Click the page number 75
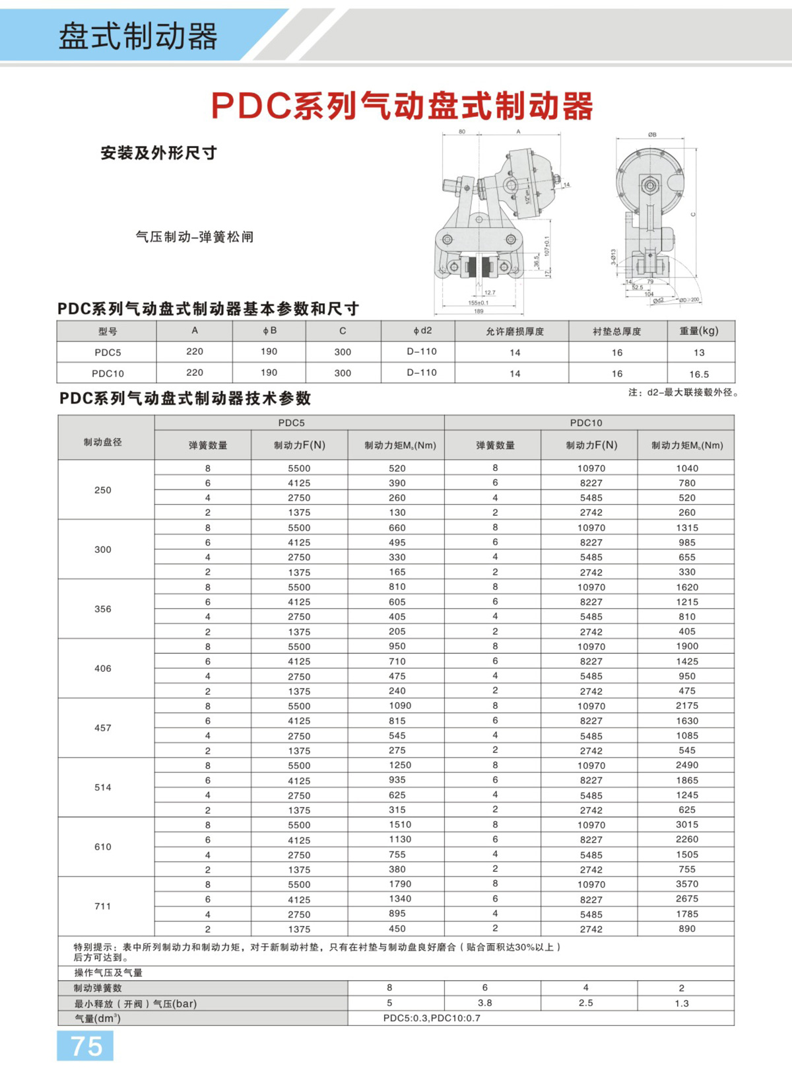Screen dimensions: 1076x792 [x=86, y=1046]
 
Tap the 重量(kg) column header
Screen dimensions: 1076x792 [x=699, y=331]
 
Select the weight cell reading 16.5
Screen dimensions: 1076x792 [x=699, y=374]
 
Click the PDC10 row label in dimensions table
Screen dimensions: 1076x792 [x=108, y=373]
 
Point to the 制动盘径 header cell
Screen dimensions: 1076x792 [x=103, y=442]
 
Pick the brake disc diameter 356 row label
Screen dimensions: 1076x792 [x=103, y=609]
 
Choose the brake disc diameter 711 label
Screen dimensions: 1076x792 [x=103, y=906]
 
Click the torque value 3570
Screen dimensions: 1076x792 [x=686, y=884]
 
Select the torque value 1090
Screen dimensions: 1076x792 [x=399, y=705]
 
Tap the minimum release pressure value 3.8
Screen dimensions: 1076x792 [x=484, y=1003]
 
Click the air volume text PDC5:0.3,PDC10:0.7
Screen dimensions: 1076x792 [x=432, y=1018]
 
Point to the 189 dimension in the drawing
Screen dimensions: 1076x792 [x=478, y=311]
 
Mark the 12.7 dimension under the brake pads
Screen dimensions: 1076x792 [x=490, y=293]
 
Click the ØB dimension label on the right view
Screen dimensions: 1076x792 [x=652, y=135]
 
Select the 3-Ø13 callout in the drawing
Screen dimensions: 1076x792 [x=613, y=257]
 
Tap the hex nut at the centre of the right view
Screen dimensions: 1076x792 [x=650, y=185]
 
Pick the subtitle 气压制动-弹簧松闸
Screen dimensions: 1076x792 [x=194, y=236]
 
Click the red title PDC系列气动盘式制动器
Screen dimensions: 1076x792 [x=402, y=106]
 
